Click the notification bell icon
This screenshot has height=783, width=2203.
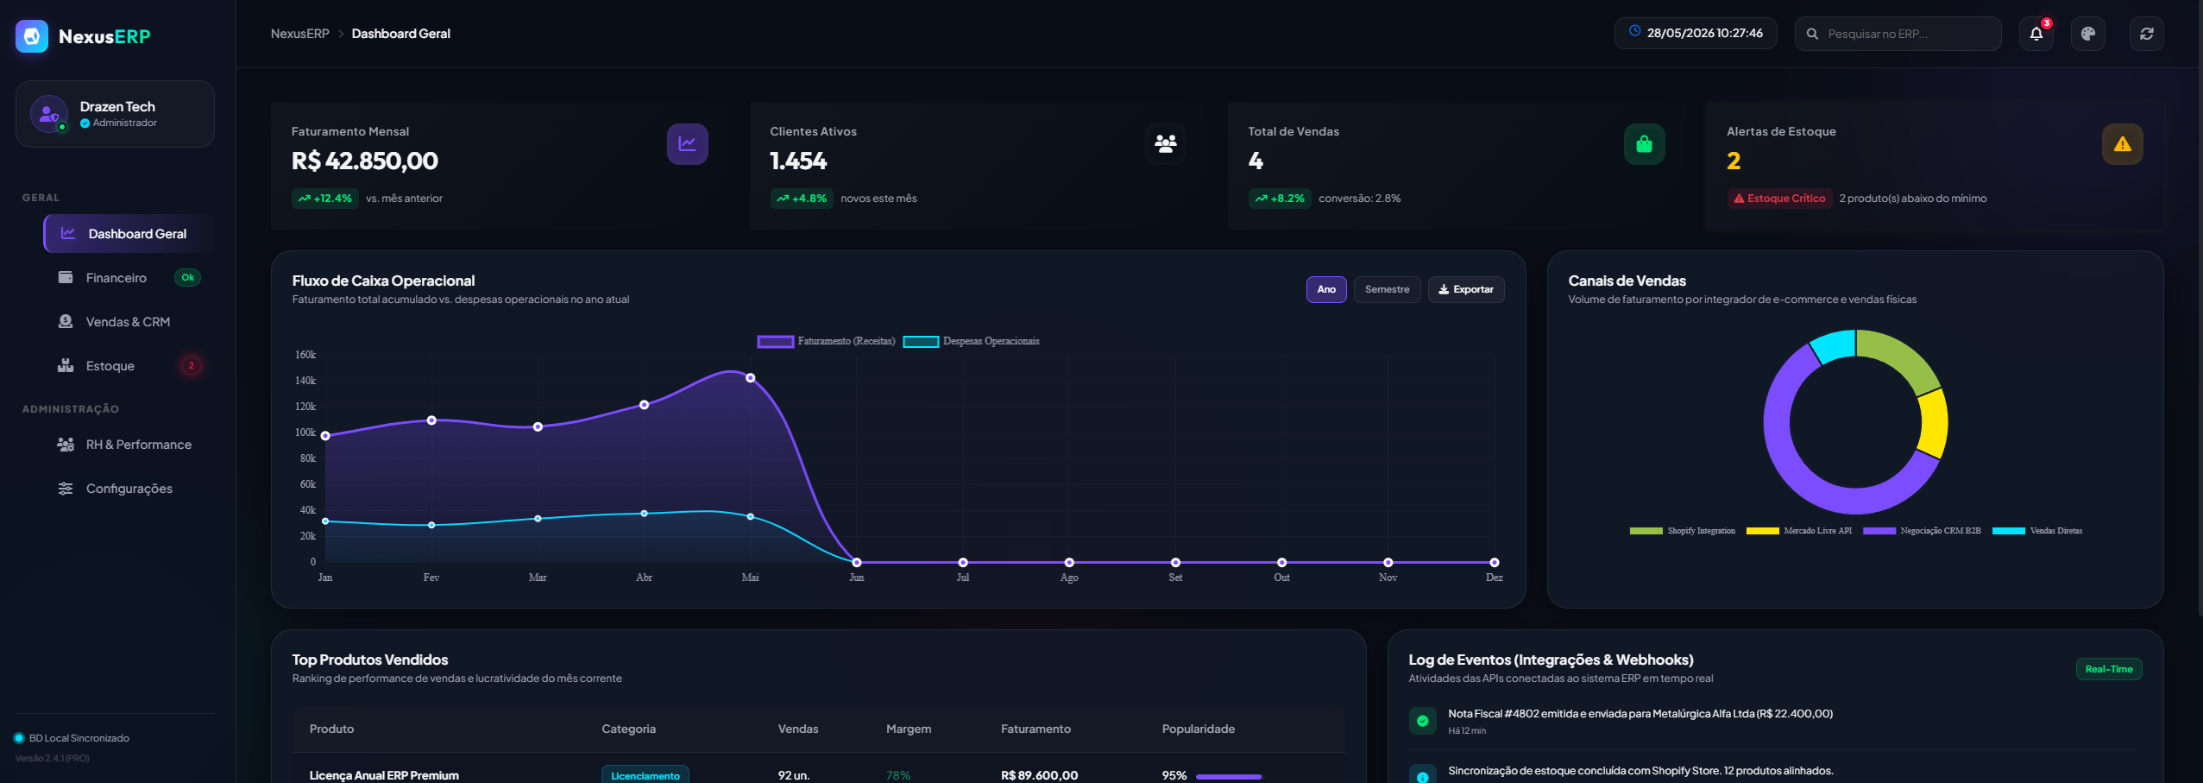point(2036,34)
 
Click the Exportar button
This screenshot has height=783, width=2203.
point(1466,289)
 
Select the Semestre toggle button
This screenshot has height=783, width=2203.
point(1387,289)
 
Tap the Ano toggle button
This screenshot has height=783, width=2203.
point(1326,289)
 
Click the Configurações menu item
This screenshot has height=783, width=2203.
point(129,488)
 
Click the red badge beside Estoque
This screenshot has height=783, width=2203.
point(192,365)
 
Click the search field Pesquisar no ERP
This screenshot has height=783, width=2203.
point(1898,34)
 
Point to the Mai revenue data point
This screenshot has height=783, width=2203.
point(751,377)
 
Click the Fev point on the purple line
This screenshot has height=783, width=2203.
point(431,420)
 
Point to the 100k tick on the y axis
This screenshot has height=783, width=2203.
point(305,433)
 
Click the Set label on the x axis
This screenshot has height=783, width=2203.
point(1175,578)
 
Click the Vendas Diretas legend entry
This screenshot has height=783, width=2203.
point(2037,531)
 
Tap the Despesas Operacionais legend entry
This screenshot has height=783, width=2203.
point(972,341)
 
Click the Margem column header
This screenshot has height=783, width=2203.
point(909,729)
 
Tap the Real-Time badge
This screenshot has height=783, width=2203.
point(2109,669)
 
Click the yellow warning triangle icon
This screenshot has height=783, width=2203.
point(2123,144)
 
